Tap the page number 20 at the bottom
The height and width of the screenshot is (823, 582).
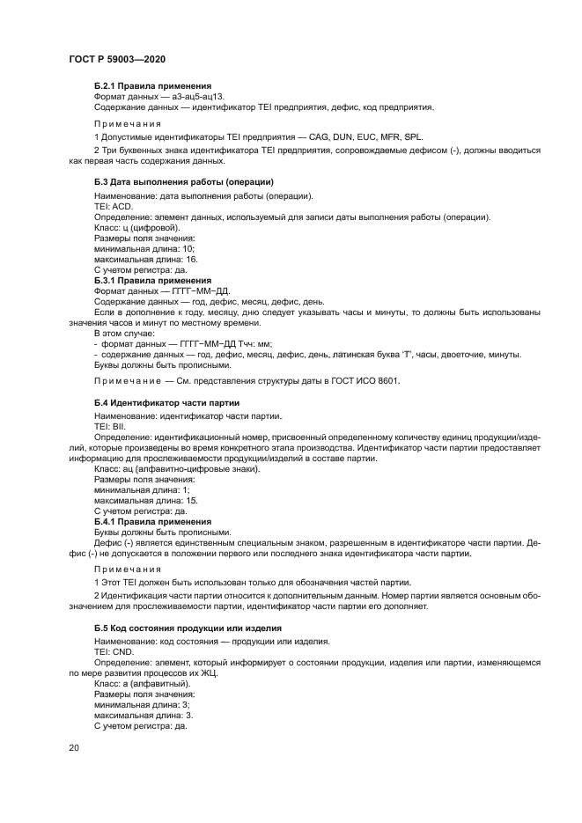(x=74, y=747)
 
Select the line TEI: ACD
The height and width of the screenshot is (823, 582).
(x=113, y=205)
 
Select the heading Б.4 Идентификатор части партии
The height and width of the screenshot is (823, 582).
(x=161, y=402)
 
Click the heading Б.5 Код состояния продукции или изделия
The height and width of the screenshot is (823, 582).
(x=188, y=628)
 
